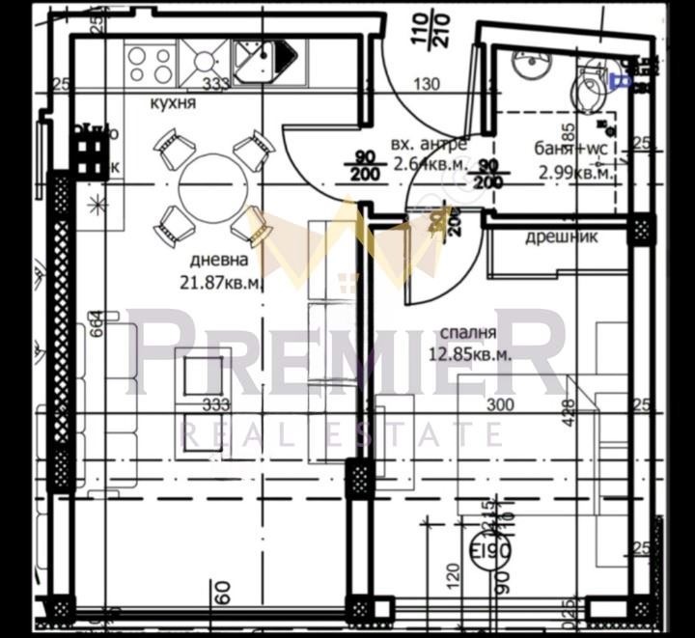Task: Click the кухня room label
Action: tap(173, 104)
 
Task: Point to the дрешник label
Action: tap(562, 237)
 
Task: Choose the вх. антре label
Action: tap(429, 144)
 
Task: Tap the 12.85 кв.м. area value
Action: tap(469, 353)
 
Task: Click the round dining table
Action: tap(213, 184)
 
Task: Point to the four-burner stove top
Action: tap(150, 63)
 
